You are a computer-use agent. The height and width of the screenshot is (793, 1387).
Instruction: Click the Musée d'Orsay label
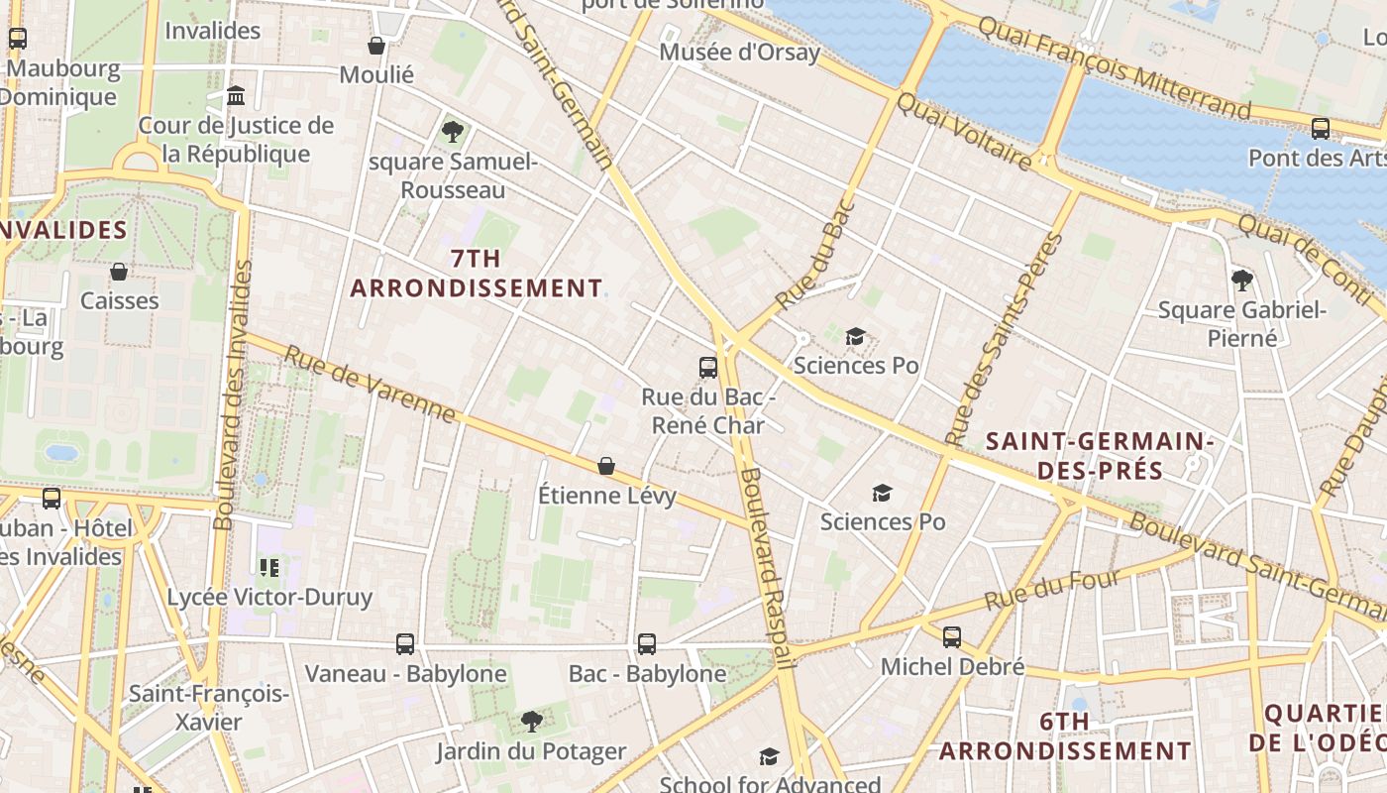click(739, 53)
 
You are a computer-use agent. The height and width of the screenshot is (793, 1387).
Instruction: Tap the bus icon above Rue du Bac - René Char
click(707, 368)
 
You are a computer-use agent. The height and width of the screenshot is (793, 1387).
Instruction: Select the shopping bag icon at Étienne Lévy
click(606, 466)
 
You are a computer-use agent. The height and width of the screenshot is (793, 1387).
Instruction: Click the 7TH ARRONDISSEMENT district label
click(476, 274)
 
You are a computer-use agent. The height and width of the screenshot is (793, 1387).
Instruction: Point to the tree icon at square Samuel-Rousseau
click(453, 131)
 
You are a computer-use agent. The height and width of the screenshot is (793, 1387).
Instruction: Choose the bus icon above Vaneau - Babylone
click(405, 644)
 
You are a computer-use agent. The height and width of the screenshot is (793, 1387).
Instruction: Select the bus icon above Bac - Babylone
click(647, 644)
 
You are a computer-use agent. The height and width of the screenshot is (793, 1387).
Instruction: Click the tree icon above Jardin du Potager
click(532, 721)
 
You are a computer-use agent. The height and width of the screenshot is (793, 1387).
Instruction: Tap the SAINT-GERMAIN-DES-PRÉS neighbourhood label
click(1100, 455)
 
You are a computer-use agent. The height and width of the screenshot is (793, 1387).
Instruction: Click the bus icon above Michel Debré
click(952, 637)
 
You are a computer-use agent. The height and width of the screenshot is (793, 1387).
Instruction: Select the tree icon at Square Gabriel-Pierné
click(1241, 281)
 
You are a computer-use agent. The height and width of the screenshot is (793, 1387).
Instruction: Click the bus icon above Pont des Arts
click(1320, 128)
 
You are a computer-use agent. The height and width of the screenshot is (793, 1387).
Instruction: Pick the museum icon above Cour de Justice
click(236, 96)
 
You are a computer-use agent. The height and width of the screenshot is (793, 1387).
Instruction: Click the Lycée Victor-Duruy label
click(269, 597)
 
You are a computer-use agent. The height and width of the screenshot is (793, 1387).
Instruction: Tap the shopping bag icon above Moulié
click(376, 46)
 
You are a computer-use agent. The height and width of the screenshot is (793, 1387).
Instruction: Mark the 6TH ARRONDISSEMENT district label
click(1065, 736)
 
